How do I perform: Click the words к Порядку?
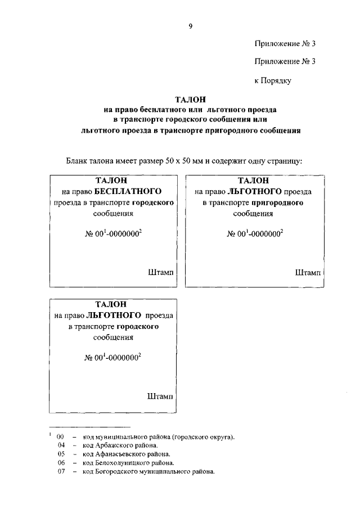272,81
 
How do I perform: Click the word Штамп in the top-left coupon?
160,272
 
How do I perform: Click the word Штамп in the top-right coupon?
308,272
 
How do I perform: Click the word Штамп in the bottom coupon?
160,396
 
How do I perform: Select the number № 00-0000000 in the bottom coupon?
112,358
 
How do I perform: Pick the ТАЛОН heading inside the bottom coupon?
111,304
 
